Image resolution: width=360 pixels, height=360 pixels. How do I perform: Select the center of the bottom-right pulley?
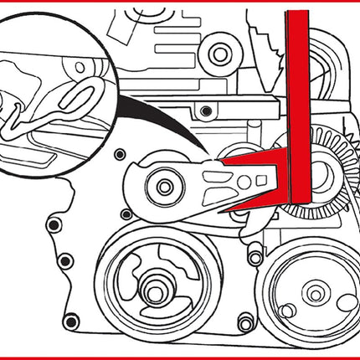315,294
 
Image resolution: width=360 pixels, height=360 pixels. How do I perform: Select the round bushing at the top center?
219,54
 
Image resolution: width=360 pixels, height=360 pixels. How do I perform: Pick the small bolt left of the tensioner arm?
120,155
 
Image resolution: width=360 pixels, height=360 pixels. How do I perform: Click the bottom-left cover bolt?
72,319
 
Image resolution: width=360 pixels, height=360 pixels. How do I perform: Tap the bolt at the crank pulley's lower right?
244,322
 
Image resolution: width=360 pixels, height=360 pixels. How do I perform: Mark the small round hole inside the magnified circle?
80,65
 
